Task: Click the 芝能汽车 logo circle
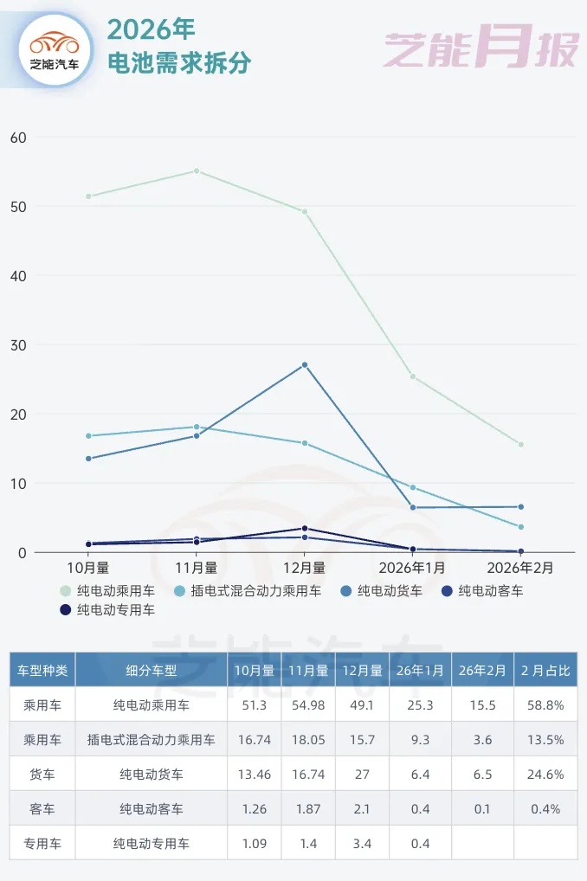point(55,49)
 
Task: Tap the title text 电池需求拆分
point(178,62)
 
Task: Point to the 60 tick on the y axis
point(19,138)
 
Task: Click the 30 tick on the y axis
point(19,345)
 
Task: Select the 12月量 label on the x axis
point(304,568)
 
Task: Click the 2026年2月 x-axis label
point(519,568)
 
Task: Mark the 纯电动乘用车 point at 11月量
point(197,170)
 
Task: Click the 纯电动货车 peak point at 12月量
point(305,365)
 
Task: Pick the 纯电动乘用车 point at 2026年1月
point(413,376)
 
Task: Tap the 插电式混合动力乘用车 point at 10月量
point(88,436)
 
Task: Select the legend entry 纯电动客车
point(490,591)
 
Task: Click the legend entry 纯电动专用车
point(115,610)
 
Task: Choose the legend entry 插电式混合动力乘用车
point(255,591)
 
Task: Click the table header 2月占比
point(545,670)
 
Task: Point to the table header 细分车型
point(152,670)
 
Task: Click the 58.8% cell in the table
point(545,705)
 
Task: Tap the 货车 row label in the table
point(42,774)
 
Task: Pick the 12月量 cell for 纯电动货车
point(361,774)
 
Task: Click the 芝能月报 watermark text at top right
point(481,48)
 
